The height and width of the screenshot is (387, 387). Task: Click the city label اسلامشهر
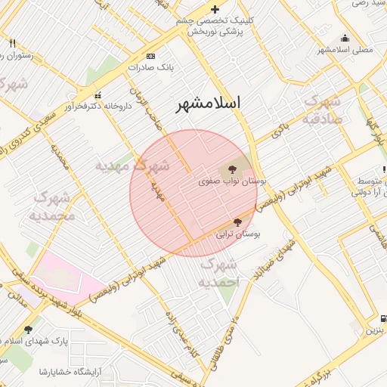[x=208, y=104]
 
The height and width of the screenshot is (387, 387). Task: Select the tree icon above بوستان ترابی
[x=237, y=222]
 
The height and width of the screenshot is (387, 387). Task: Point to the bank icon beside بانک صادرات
[x=150, y=56]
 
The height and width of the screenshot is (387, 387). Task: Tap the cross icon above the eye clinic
[x=215, y=9]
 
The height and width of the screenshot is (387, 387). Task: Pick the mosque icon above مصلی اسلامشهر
[x=345, y=39]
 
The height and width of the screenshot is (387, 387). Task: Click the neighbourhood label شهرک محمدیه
[x=52, y=206]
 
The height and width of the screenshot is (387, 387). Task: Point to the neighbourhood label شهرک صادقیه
[x=322, y=110]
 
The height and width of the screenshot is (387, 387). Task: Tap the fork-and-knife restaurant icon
[x=12, y=43]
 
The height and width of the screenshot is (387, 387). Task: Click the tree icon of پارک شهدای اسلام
[x=29, y=330]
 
